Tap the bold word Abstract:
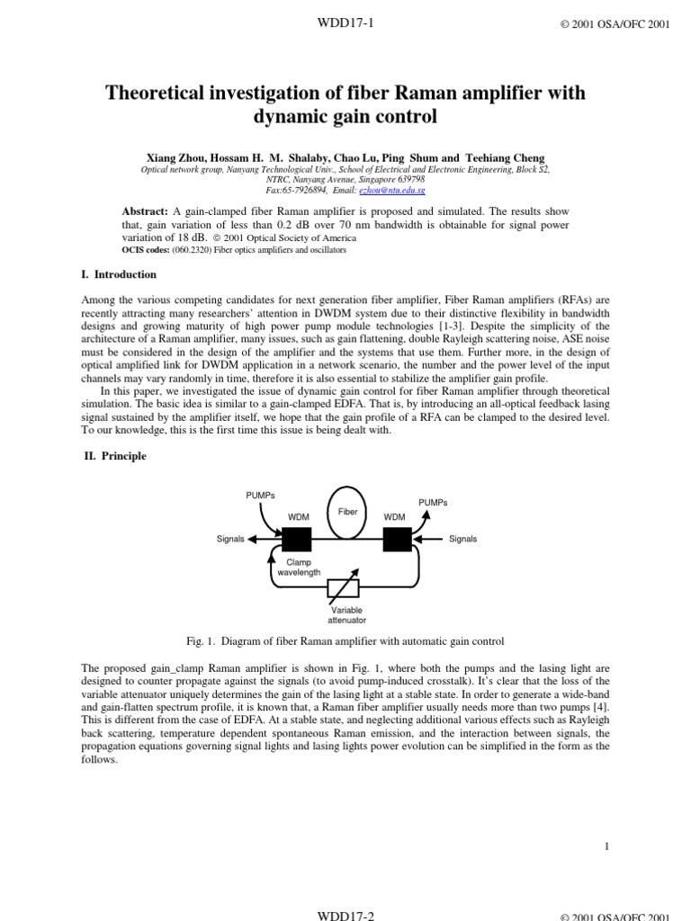(145, 210)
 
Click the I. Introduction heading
(120, 274)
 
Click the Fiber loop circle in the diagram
(347, 512)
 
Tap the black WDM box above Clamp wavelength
(297, 539)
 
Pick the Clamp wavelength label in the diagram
(298, 567)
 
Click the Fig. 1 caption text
(345, 641)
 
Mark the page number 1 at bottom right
(607, 846)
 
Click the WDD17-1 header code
(345, 23)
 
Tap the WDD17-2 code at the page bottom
(345, 915)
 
